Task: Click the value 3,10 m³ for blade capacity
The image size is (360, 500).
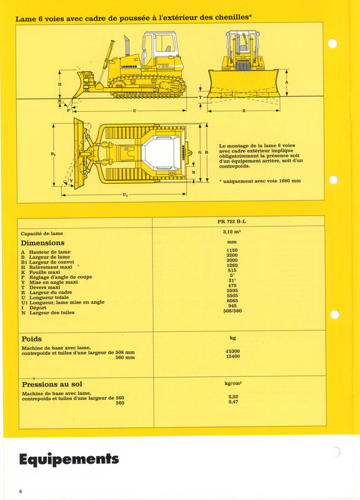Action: (x=232, y=232)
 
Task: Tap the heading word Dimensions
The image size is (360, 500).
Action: (x=42, y=243)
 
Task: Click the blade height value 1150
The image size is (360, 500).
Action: (x=232, y=251)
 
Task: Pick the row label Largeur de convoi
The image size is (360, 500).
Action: (x=51, y=262)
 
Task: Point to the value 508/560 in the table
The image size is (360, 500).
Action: (x=232, y=311)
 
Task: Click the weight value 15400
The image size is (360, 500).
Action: (x=232, y=356)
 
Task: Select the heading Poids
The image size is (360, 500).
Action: (x=32, y=339)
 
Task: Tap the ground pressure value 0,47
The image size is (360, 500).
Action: (x=233, y=402)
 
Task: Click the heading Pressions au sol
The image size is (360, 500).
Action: (x=52, y=384)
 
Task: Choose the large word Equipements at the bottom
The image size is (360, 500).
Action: (x=69, y=459)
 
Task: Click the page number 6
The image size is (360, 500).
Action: (x=21, y=491)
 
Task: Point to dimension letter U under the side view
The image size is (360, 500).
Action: (x=134, y=111)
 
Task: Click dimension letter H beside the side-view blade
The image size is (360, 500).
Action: (x=59, y=84)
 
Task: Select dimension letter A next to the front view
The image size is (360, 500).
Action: (x=287, y=82)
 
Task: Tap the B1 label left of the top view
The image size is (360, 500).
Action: (x=54, y=154)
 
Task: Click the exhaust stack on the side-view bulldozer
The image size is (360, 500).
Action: (x=127, y=46)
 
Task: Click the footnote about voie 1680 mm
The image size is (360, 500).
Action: (x=260, y=181)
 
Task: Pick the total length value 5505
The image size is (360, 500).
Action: (x=232, y=296)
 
